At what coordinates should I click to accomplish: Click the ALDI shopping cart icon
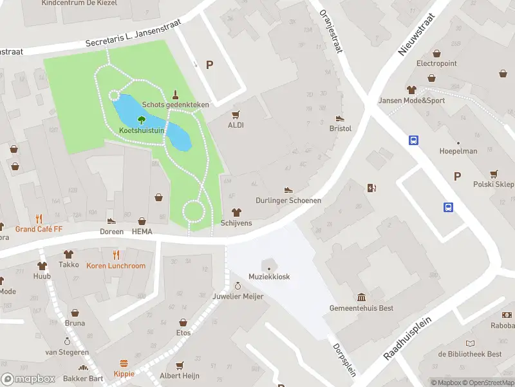coord(236,114)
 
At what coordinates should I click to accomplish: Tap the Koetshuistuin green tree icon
coord(142,119)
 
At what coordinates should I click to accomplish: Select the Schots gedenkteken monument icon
coord(175,94)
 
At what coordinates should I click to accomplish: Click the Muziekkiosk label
coord(269,277)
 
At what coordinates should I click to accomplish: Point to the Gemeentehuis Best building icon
coord(360,297)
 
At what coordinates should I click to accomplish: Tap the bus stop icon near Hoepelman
coord(413,140)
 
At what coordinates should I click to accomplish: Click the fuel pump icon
coord(371,188)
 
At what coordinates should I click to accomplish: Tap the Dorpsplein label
coord(344,359)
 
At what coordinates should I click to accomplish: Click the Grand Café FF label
coord(39,229)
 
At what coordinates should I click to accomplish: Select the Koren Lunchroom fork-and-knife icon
coord(117,254)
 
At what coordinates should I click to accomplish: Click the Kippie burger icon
coord(124,363)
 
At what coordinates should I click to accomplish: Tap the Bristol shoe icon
coord(340,118)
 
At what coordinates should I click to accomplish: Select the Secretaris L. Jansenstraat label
coord(133,34)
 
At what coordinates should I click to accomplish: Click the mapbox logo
coord(28,379)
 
